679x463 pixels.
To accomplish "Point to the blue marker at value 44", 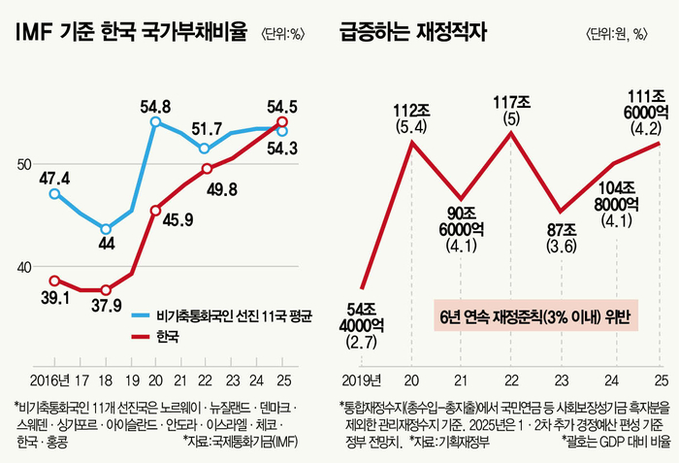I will click(106, 230).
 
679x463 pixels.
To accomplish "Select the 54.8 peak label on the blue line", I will click(155, 106).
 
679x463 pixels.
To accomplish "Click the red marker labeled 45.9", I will click(155, 210).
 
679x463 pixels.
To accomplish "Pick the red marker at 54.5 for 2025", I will click(282, 122).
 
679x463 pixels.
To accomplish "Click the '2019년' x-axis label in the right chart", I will click(362, 378).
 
